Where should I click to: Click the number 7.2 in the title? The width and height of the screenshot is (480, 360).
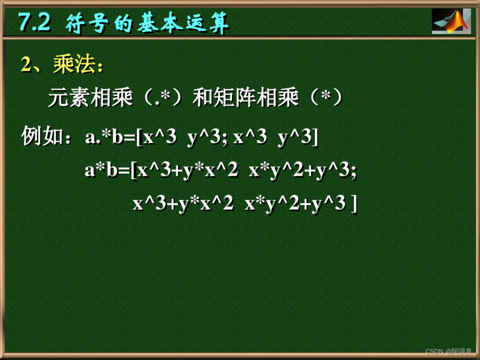pyautogui.click(x=34, y=22)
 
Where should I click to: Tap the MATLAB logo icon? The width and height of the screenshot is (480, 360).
pyautogui.click(x=451, y=21)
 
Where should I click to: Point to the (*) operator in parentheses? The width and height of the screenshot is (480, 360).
pyautogui.click(x=325, y=98)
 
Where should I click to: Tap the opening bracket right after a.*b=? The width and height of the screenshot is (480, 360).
pyautogui.click(x=139, y=138)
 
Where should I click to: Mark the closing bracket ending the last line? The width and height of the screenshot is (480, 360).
pyautogui.click(x=354, y=204)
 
